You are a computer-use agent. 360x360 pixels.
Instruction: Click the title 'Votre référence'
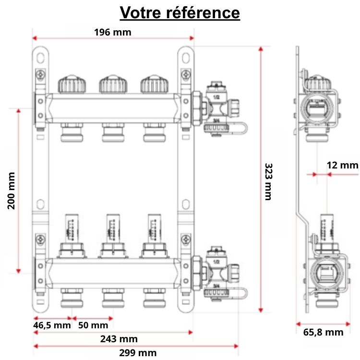(x=180, y=12)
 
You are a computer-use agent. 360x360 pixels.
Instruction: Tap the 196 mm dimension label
(x=112, y=32)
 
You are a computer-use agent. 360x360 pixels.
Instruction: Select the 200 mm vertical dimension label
(x=11, y=190)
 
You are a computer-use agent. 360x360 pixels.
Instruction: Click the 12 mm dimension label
(x=342, y=165)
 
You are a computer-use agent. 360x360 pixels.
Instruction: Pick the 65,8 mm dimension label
(x=324, y=332)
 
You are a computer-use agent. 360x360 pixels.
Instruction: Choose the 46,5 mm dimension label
(x=52, y=325)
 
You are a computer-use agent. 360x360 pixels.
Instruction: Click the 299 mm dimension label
(x=138, y=353)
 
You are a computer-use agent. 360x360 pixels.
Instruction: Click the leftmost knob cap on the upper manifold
(x=72, y=84)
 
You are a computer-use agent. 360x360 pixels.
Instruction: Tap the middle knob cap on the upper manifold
(x=113, y=84)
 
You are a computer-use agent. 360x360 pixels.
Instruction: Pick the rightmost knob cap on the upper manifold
(x=155, y=84)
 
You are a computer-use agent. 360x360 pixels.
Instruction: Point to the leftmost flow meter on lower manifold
(x=72, y=228)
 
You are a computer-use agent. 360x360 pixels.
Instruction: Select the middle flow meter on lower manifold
(x=113, y=228)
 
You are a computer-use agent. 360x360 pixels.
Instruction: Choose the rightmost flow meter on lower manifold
(x=154, y=228)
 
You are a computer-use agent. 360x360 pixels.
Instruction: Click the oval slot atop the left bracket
(x=41, y=57)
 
